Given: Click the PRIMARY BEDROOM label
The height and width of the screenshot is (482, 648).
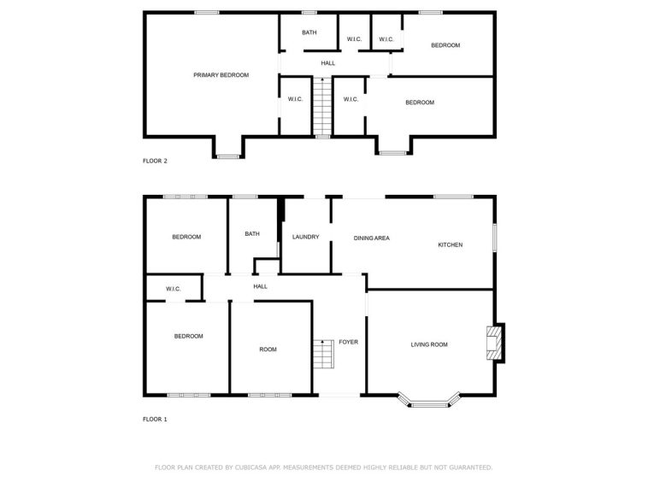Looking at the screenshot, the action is pos(221,74).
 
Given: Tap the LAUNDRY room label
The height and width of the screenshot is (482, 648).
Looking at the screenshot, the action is pos(305,237).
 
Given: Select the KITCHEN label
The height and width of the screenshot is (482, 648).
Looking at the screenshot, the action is pos(450,244).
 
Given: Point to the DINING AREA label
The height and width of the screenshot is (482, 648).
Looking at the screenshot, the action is pos(372,238).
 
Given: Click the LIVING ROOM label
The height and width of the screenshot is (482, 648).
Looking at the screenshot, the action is pos(429,344).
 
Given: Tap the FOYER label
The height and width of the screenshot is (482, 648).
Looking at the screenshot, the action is pos(349,342).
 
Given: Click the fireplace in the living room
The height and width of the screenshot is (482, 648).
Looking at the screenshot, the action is pos(495,344).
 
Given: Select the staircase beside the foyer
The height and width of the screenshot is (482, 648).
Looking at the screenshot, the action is pos(323,354).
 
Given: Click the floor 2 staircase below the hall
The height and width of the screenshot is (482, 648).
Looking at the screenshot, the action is pos(322,106).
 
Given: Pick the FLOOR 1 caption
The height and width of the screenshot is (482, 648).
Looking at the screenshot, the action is pos(155,419).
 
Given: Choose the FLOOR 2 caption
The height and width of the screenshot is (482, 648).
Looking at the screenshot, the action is pos(155,161).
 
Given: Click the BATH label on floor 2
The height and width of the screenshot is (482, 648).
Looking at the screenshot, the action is pos(309,32).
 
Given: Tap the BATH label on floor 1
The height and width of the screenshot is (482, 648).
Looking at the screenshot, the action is pos(252,234).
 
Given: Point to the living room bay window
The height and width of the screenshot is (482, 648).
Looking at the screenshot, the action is pos(429,402).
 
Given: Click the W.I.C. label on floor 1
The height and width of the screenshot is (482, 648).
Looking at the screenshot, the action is pos(174,289).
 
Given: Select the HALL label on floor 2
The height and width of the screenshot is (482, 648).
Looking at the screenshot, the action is pos(328,63).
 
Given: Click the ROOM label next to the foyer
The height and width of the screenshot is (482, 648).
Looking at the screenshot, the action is pos(268,349).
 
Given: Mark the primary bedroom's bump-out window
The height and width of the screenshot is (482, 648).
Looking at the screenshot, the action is pos(228,156).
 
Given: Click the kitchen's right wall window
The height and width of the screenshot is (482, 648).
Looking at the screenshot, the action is pos(494,238).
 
